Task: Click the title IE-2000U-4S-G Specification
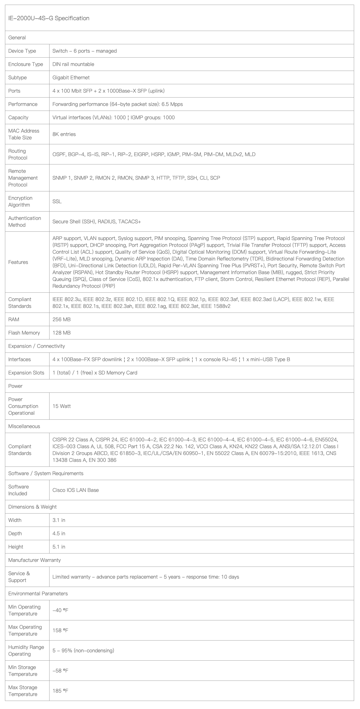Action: tap(49, 18)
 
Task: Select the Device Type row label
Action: tap(22, 51)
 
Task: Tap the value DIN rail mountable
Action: tap(73, 64)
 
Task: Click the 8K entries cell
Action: tap(64, 134)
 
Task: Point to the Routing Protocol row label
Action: tap(18, 154)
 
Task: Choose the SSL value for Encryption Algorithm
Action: tap(57, 201)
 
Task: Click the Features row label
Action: tap(18, 262)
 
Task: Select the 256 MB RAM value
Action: tap(61, 319)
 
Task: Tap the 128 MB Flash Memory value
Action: tap(61, 333)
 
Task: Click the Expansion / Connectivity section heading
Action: tap(37, 346)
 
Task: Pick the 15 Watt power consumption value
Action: tap(62, 406)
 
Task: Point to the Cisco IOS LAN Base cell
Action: tap(76, 490)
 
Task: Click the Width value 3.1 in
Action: tap(59, 520)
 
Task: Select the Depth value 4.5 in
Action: tap(59, 533)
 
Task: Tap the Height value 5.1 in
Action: tap(59, 547)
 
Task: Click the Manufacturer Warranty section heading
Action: tap(34, 560)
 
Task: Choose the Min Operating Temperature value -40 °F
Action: tap(60, 610)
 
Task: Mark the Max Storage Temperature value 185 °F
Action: tap(60, 691)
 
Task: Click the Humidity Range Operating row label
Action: tap(26, 650)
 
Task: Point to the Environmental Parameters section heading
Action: tap(38, 593)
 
